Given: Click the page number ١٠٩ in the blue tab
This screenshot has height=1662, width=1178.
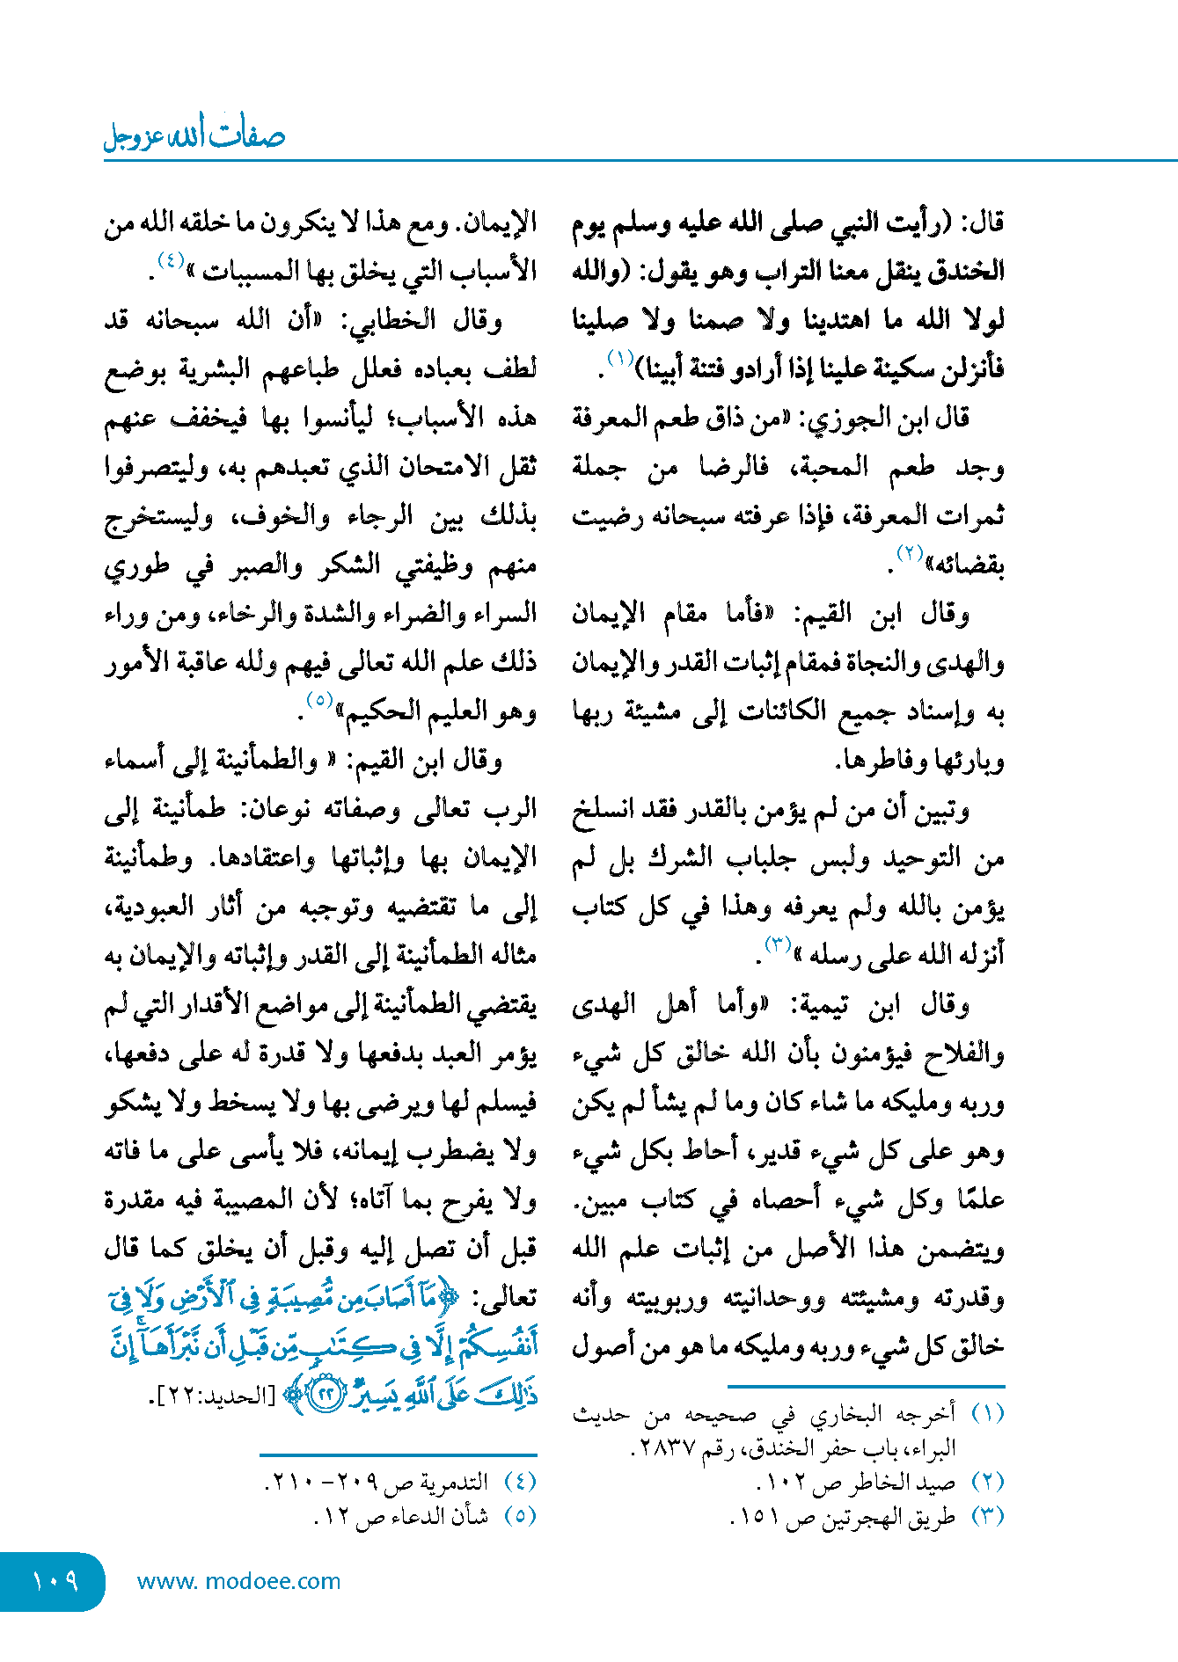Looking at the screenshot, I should pyautogui.click(x=55, y=1581).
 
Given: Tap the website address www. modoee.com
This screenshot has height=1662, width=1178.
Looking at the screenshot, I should pyautogui.click(x=238, y=1581).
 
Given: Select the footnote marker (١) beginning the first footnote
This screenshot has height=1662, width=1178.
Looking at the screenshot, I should pyautogui.click(x=987, y=1413).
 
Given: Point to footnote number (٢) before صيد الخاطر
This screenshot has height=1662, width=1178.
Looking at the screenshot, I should pyautogui.click(x=987, y=1482).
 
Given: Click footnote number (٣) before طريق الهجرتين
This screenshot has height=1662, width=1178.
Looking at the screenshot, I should pyautogui.click(x=987, y=1516).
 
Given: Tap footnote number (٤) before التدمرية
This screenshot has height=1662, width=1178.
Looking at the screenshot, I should pyautogui.click(x=520, y=1482).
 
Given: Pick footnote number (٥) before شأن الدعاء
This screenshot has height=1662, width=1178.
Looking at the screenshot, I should pyautogui.click(x=520, y=1516).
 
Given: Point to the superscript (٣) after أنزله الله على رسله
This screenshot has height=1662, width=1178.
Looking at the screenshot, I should pyautogui.click(x=778, y=945).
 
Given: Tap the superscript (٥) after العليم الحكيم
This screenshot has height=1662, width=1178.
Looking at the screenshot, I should pyautogui.click(x=318, y=701).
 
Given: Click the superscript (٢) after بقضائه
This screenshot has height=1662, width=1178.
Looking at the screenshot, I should pyautogui.click(x=909, y=554).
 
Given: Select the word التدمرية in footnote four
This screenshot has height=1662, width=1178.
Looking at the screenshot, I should pyautogui.click(x=454, y=1482).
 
